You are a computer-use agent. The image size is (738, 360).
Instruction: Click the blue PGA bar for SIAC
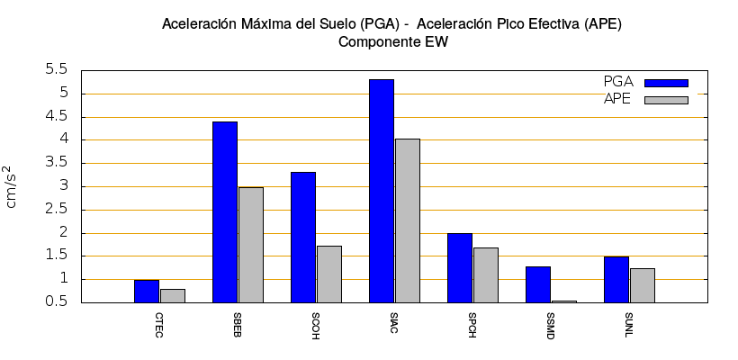(x=382, y=191)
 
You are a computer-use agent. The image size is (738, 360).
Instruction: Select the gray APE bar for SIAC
(x=407, y=220)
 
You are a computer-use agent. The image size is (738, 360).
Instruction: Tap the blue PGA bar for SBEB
(x=225, y=211)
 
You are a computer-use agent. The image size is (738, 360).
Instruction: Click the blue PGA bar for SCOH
(x=303, y=237)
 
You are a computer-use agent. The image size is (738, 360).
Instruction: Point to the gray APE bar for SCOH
(x=328, y=274)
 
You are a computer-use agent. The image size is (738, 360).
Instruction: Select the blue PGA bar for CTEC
(x=147, y=291)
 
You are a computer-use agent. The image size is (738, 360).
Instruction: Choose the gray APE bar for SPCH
(x=485, y=274)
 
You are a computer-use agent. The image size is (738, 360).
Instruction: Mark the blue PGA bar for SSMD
(x=538, y=284)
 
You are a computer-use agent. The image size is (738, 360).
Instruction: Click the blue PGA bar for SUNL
(x=616, y=279)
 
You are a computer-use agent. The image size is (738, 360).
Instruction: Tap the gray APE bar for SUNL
(x=642, y=285)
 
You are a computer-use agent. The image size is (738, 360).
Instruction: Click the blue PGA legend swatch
(x=666, y=83)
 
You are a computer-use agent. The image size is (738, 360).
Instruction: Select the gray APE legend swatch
(x=666, y=100)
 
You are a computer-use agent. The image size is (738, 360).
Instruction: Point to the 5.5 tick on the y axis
(x=57, y=70)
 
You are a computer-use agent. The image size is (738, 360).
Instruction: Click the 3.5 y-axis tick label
(x=57, y=163)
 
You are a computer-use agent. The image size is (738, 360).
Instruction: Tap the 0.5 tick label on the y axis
(x=57, y=302)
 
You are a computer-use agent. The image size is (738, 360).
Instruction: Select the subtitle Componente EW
(x=392, y=41)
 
